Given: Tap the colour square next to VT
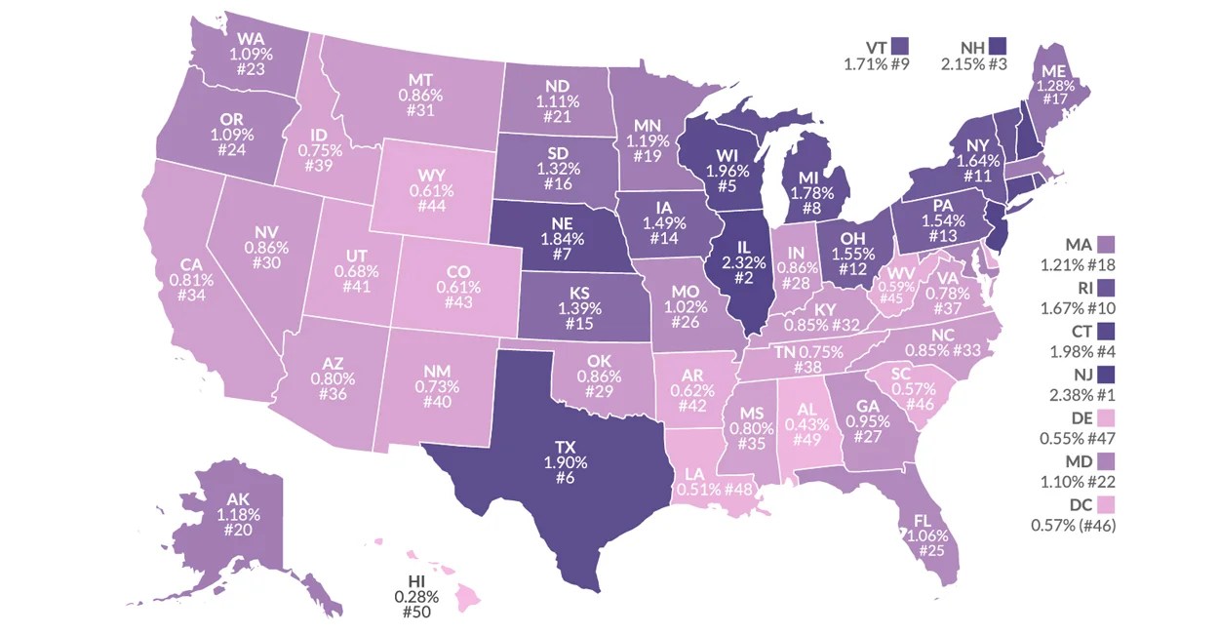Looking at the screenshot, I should click(x=899, y=46).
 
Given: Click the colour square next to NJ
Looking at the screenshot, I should click(x=1106, y=373).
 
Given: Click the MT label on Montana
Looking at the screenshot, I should click(x=421, y=80).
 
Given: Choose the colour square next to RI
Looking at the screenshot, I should click(x=1105, y=287).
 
